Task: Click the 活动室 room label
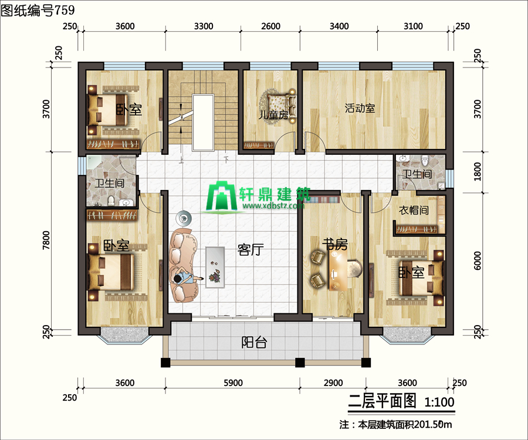click(360, 109)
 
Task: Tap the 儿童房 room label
click(273, 115)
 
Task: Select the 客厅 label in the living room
click(250, 250)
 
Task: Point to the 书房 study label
click(335, 244)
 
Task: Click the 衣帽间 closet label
click(414, 211)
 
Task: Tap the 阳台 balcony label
click(254, 343)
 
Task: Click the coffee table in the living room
click(215, 268)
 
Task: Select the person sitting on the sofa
click(187, 279)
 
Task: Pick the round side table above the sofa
click(184, 218)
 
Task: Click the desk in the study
click(338, 270)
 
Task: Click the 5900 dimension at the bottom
click(233, 383)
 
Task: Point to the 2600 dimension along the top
click(270, 26)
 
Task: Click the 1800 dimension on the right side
click(478, 172)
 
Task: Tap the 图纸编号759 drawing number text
click(38, 10)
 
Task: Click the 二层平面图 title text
click(382, 401)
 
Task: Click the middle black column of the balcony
click(300, 363)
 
